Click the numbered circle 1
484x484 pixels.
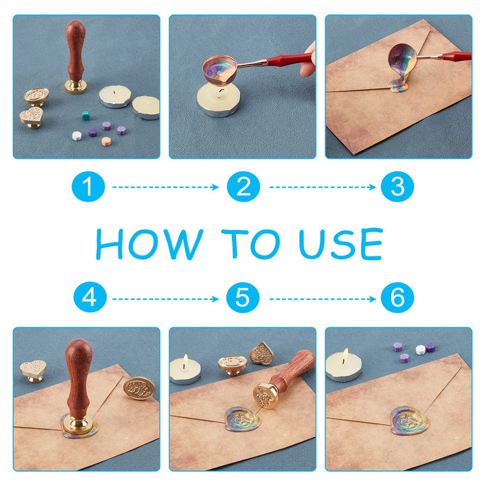click(88, 186)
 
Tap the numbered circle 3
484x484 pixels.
click(397, 186)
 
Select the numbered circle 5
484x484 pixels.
click(243, 298)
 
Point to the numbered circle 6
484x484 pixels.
click(397, 298)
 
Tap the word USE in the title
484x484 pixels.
click(341, 244)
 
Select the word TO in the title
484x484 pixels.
click(251, 244)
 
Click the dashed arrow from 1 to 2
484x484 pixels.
click(165, 187)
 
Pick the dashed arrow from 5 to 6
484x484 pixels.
click(323, 298)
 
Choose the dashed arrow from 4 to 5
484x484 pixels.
click(165, 298)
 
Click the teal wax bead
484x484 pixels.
click(86, 116)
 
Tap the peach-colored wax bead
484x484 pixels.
click(106, 141)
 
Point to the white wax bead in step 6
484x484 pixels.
click(420, 350)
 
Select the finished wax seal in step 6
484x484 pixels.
click(409, 421)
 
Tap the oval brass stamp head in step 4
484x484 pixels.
click(139, 388)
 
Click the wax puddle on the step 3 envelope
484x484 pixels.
click(399, 85)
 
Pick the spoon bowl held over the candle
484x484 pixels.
click(219, 70)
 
